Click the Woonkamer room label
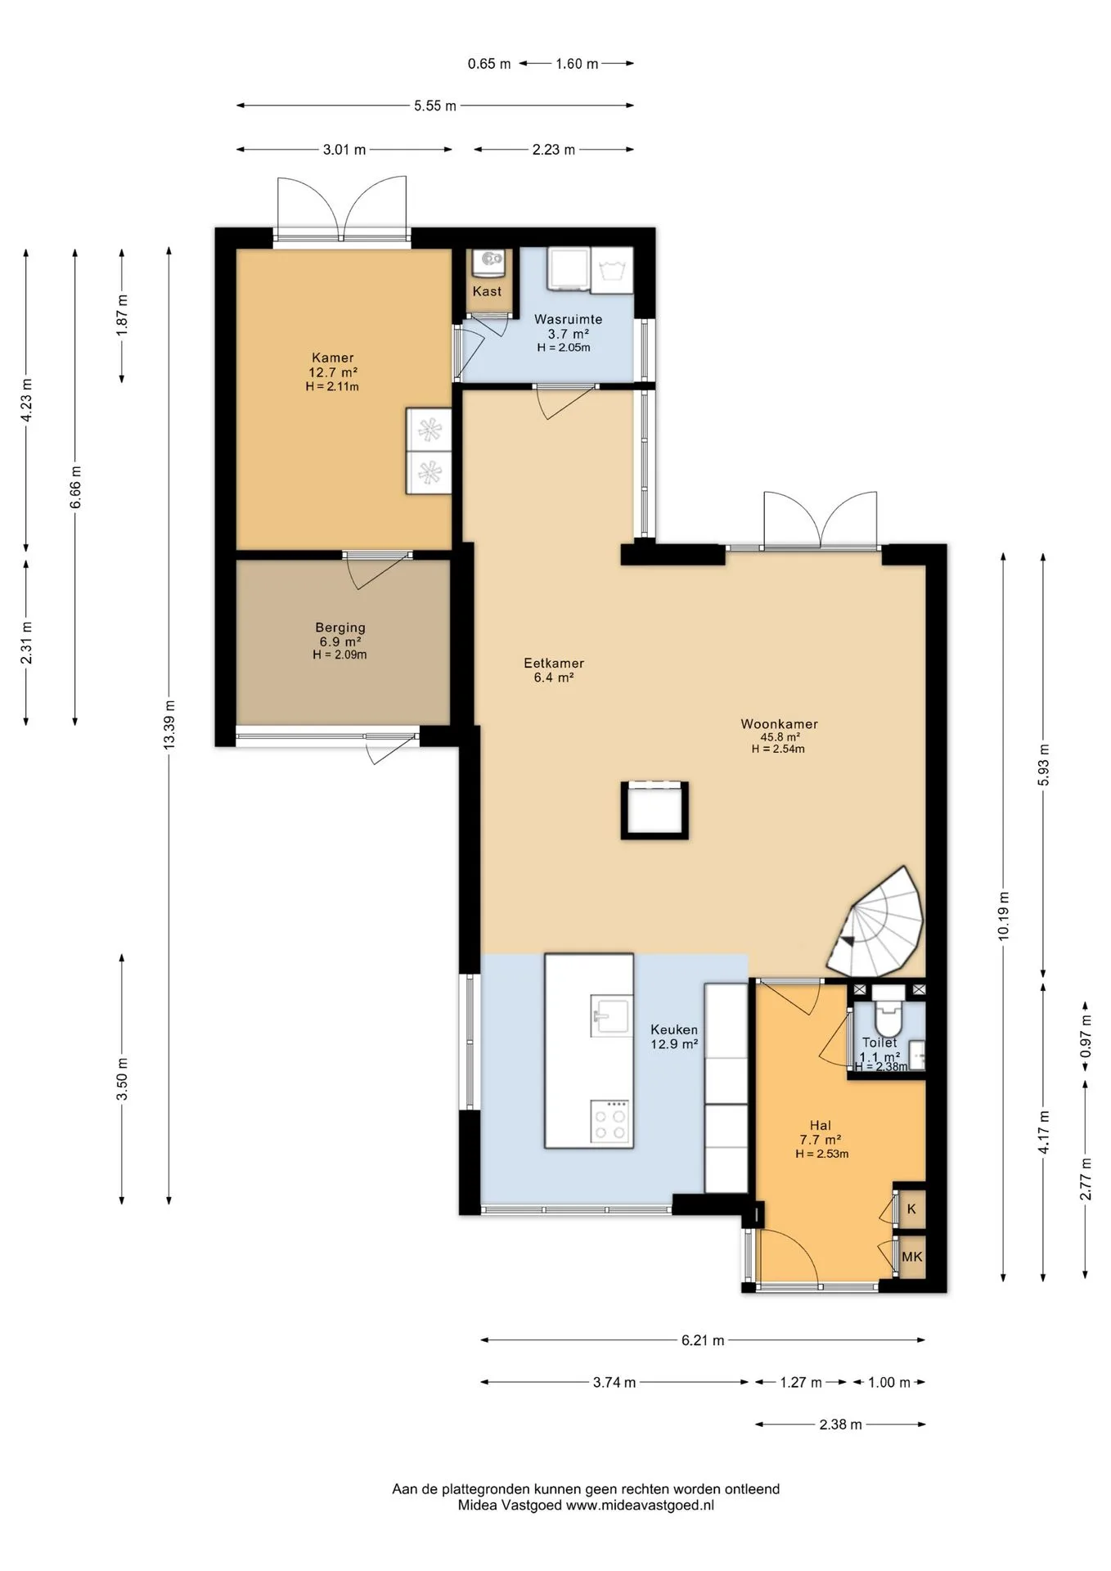[779, 724]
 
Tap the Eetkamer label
[554, 664]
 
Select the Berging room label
[340, 628]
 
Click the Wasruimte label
[569, 320]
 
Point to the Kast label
[488, 291]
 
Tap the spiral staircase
[877, 923]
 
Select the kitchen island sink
[610, 1017]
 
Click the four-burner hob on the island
[610, 1122]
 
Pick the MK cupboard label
[911, 1257]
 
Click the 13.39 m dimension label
[169, 724]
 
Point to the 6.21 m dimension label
[703, 1340]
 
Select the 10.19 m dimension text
[1004, 915]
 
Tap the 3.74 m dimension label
[614, 1383]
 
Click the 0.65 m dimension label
[489, 64]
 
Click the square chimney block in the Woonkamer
[654, 810]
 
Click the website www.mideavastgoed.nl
[641, 1505]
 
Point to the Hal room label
[821, 1125]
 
